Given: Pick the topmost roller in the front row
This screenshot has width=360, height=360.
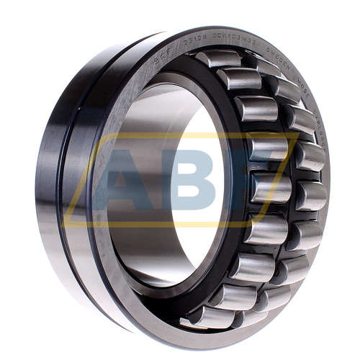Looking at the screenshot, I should tap(218, 58).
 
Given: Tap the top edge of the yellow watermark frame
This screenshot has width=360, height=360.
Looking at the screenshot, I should tap(180, 134).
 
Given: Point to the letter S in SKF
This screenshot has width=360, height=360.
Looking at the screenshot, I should tap(155, 63).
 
